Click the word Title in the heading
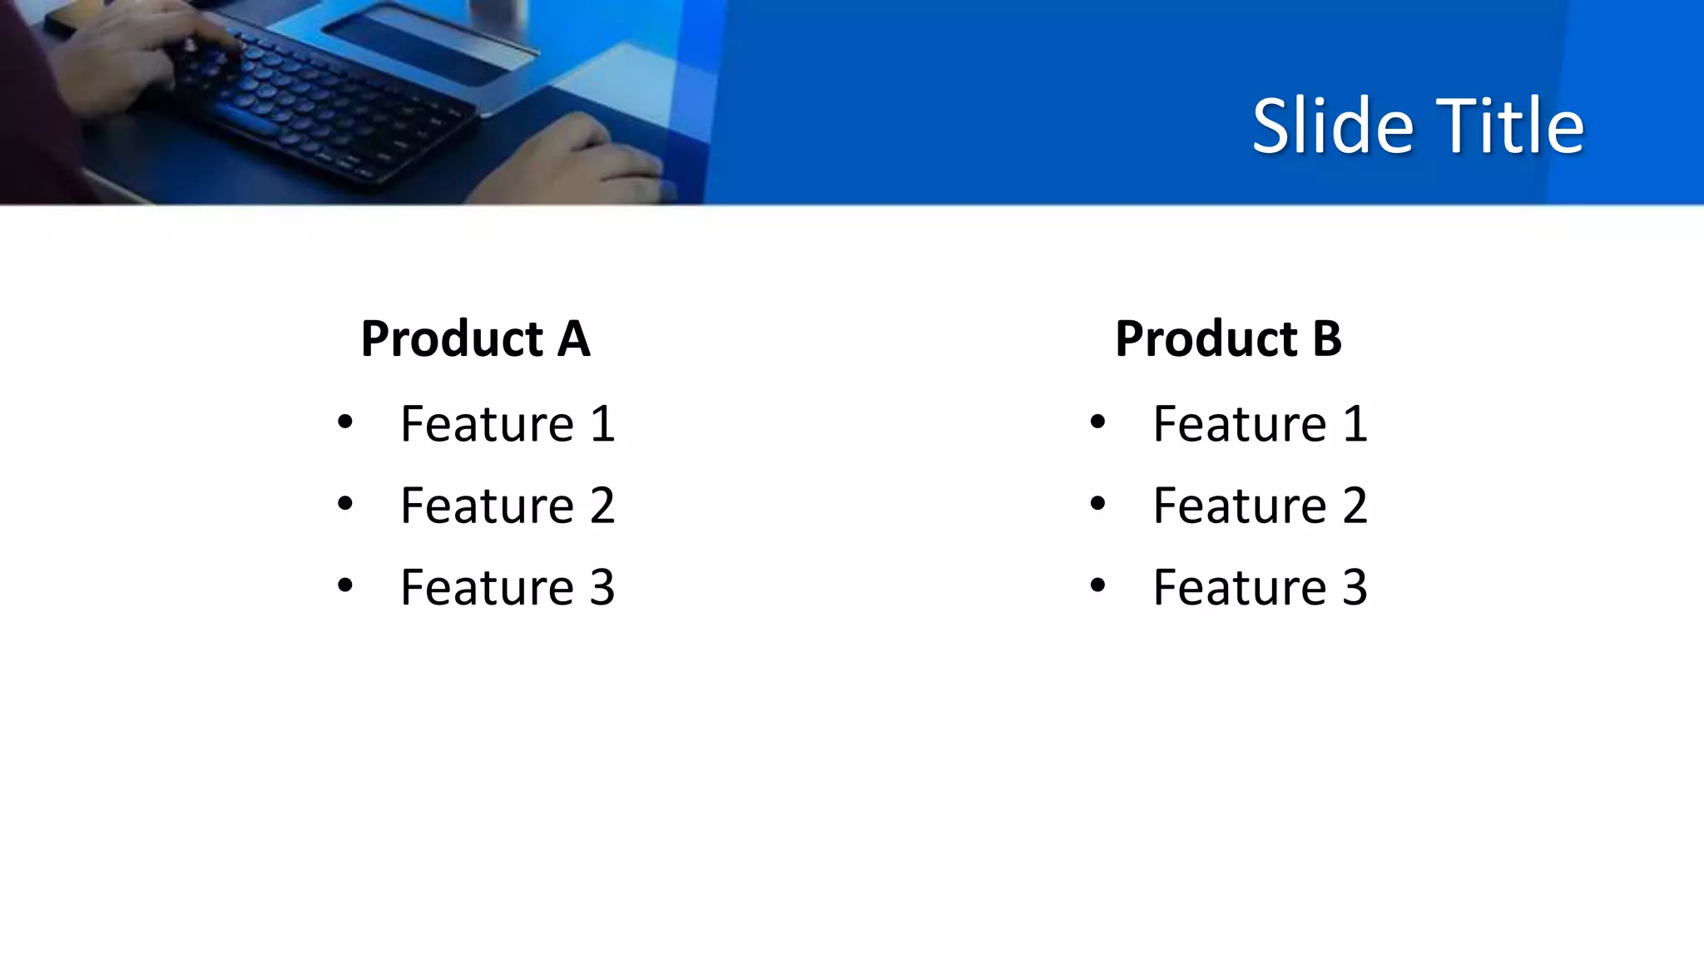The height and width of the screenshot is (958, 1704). [1509, 126]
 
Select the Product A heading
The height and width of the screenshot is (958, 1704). [475, 339]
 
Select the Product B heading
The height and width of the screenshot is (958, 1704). [1228, 339]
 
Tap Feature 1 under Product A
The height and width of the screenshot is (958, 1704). [508, 424]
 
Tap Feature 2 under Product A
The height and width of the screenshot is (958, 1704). [508, 506]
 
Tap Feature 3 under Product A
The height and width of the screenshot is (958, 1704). [508, 587]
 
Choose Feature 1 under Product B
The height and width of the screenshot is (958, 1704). [1260, 424]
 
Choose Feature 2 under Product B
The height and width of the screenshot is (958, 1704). [1260, 506]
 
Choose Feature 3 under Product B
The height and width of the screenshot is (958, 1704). [1260, 587]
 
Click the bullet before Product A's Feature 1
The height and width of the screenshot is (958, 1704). [345, 422]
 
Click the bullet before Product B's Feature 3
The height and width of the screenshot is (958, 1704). [1097, 585]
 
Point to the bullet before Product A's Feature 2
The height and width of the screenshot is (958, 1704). [345, 503]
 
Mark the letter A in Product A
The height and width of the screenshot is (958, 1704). [573, 339]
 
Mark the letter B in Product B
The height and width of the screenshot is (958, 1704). [1327, 339]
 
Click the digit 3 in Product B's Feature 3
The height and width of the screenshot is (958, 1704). [1355, 587]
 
